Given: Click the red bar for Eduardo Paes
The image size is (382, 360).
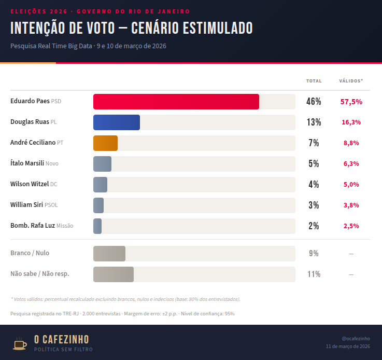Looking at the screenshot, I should click(x=176, y=102).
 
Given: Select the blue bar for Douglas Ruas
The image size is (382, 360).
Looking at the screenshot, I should click(x=116, y=122).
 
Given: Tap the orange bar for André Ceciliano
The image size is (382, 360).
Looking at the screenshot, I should click(x=105, y=143).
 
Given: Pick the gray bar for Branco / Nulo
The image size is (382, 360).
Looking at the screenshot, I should click(x=109, y=254).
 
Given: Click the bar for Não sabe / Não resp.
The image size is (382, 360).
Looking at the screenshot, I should click(x=113, y=274).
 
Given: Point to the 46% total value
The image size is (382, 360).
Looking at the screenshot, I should click(x=314, y=102).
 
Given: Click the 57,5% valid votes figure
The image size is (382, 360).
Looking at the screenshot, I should click(x=351, y=102).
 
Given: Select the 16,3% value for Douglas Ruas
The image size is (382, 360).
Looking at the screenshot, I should click(x=351, y=122).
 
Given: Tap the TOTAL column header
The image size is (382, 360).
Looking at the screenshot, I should click(x=314, y=81).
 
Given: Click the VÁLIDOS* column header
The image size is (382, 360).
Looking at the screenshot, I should click(x=351, y=81).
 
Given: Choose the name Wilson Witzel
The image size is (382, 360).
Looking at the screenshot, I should click(x=30, y=184).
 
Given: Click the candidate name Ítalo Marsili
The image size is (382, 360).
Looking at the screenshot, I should click(x=27, y=163).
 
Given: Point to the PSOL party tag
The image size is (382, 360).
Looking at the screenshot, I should click(x=51, y=205).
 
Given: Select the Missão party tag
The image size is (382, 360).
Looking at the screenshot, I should click(x=65, y=226).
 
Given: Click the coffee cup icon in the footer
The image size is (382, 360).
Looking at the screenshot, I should click(x=20, y=343).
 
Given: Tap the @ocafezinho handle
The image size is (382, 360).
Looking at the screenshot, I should click(x=356, y=338).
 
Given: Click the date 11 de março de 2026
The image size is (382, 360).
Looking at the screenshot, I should click(x=348, y=347).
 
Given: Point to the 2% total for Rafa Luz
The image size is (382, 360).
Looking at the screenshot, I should click(x=314, y=226).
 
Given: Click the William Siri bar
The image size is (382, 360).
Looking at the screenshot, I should click(x=98, y=205).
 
